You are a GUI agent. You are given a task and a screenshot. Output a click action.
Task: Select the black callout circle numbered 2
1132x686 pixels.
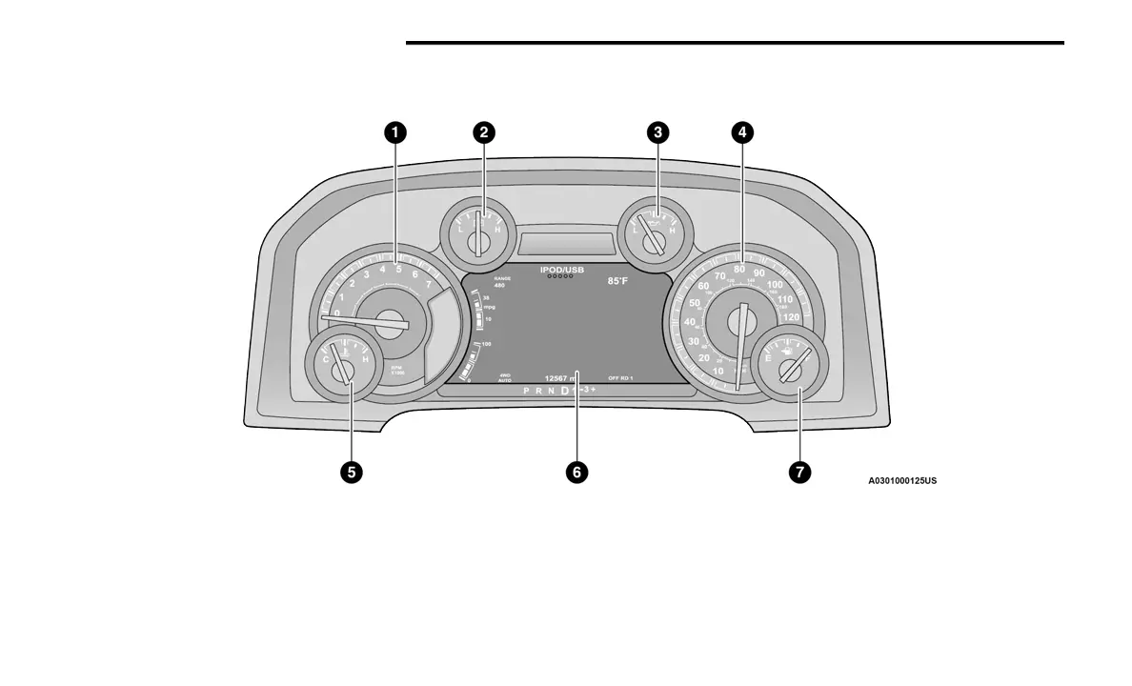tap(484, 132)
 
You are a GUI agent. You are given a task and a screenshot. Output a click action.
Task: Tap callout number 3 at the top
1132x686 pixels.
tap(656, 132)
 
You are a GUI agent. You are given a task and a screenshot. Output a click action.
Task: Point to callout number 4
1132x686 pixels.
tap(742, 132)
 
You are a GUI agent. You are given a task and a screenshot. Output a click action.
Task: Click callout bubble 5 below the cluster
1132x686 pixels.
tap(352, 472)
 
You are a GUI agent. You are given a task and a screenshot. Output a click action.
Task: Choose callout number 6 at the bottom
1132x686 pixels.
tap(576, 472)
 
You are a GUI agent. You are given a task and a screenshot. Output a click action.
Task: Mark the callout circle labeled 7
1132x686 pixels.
tap(799, 472)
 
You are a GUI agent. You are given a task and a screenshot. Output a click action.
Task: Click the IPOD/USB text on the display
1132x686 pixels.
tap(562, 271)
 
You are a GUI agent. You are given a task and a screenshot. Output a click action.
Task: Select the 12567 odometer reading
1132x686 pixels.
tap(562, 379)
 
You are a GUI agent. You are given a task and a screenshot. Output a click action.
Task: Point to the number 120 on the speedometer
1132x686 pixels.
tap(791, 317)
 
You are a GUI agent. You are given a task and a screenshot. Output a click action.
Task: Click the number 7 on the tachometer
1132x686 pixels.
tap(429, 284)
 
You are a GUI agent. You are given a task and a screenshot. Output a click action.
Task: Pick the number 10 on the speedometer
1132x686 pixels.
tap(718, 371)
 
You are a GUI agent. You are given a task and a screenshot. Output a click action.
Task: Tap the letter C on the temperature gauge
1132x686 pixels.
tap(326, 360)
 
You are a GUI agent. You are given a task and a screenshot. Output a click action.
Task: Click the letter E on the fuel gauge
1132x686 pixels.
tap(768, 359)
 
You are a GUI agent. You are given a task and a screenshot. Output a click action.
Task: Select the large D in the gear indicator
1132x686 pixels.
tap(564, 391)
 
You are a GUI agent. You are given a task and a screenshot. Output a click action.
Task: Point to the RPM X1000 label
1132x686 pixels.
tap(397, 370)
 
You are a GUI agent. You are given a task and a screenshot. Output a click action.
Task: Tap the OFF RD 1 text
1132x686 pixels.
tap(620, 379)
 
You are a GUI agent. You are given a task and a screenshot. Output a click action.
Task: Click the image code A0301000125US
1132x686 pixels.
tap(901, 481)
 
